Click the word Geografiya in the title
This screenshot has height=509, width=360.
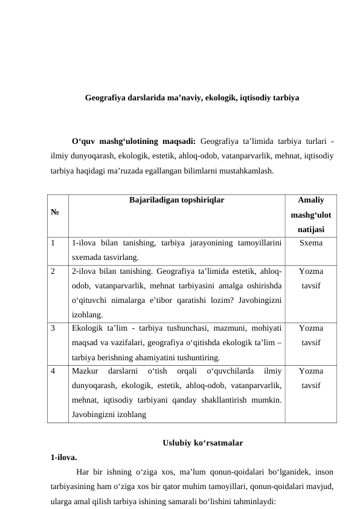104,97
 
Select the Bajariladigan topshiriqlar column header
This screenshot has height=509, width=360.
177,199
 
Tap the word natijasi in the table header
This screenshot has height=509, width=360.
311,229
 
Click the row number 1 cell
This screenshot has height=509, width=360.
54,244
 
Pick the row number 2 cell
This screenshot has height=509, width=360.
54,271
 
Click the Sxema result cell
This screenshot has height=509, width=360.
311,244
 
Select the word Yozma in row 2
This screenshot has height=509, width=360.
311,271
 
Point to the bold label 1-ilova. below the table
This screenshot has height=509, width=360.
64,457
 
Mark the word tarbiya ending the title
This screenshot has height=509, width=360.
286,97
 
